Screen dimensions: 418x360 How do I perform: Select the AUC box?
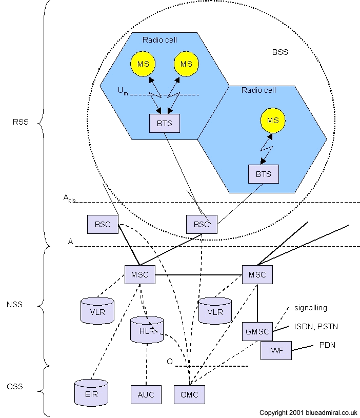pyautogui.click(x=146, y=394)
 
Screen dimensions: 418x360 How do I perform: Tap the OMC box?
pyautogui.click(x=189, y=394)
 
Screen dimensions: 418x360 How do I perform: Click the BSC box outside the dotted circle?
pyautogui.click(x=103, y=224)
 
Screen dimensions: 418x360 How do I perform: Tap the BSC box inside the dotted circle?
pyautogui.click(x=202, y=224)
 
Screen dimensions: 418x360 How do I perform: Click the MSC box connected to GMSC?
pyautogui.click(x=257, y=274)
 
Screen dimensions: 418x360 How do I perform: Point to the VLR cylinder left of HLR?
pyautogui.click(x=97, y=310)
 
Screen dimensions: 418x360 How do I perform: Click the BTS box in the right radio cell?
pyautogui.click(x=263, y=174)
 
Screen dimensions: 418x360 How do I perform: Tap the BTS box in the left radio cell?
pyautogui.click(x=165, y=123)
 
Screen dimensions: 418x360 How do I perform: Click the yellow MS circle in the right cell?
pyautogui.click(x=273, y=120)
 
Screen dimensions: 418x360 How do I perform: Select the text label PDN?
pyautogui.click(x=327, y=345)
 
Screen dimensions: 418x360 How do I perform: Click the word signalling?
pyautogui.click(x=311, y=308)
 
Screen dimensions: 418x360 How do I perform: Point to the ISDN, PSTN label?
pyautogui.click(x=316, y=326)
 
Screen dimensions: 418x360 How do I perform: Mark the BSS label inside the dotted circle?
pyautogui.click(x=281, y=52)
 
